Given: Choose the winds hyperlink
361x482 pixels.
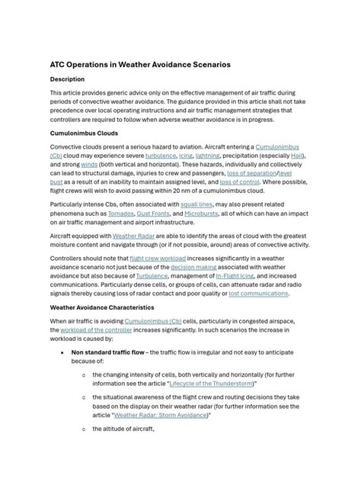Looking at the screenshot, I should pos(89,164).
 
